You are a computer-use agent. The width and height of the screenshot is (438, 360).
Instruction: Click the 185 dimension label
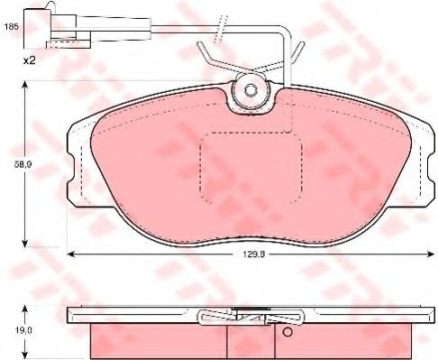(12, 26)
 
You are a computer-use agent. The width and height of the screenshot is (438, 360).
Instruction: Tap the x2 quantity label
(30, 61)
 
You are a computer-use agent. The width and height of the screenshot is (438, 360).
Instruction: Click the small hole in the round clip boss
(250, 90)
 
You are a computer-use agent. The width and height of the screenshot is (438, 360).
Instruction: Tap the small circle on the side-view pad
(287, 332)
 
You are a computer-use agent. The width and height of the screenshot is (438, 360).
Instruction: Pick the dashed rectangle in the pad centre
(251, 168)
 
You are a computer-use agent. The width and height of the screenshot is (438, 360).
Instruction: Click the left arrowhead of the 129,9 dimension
(70, 254)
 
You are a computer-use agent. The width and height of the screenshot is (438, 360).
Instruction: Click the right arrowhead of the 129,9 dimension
(431, 254)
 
